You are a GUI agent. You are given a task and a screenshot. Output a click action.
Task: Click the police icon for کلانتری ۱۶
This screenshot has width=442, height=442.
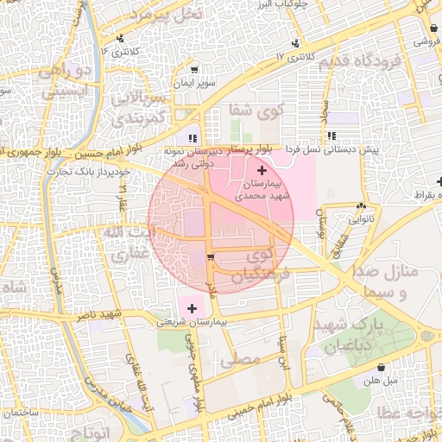[120, 38]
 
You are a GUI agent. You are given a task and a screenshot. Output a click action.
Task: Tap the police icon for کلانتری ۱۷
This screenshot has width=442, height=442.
[296, 42]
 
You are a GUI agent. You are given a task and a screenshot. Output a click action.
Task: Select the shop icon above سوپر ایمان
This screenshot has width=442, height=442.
[194, 70]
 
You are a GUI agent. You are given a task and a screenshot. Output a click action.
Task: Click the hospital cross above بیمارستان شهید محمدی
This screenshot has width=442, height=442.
[262, 172]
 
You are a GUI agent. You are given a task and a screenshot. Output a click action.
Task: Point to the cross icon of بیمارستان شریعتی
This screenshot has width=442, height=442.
[192, 306]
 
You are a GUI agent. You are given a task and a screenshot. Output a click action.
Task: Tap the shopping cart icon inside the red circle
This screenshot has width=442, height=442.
[211, 257]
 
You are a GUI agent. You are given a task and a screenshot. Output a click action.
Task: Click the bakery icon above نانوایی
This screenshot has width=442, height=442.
[360, 206]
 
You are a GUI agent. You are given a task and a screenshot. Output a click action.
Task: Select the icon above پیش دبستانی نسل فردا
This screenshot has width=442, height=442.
[332, 136]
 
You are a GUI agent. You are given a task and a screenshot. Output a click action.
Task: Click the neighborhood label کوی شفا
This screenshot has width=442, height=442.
[256, 110]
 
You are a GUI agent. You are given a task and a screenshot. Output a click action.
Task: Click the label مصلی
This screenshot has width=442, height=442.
[241, 357]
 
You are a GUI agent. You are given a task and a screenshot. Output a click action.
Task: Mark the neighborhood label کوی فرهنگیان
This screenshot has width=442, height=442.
[263, 267]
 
